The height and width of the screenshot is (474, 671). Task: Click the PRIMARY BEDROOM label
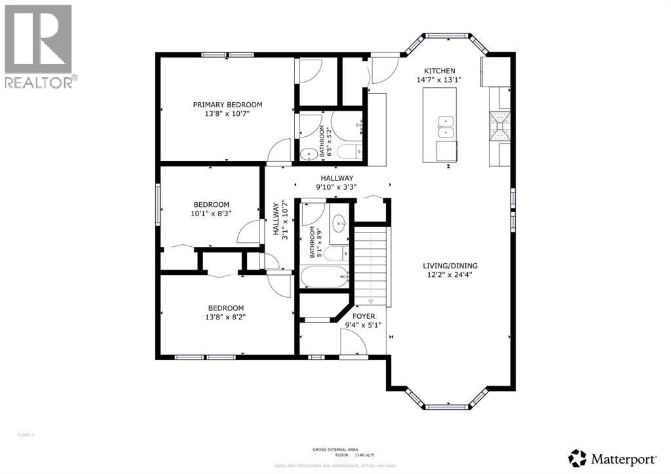(x=227, y=104)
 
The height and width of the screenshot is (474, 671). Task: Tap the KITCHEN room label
(x=439, y=71)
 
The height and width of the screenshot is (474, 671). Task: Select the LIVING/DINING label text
(x=450, y=266)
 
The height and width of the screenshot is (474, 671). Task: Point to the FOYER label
(x=364, y=316)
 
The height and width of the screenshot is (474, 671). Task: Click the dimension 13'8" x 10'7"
(x=227, y=113)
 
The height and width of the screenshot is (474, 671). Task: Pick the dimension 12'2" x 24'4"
(x=450, y=275)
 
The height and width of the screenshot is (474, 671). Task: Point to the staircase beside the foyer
(x=372, y=262)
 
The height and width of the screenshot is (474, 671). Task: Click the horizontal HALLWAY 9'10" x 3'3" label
(x=337, y=183)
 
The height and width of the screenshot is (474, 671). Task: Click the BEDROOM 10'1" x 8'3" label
(x=211, y=208)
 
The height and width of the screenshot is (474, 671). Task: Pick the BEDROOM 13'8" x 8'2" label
(x=226, y=313)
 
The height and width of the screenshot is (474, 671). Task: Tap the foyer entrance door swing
(x=353, y=343)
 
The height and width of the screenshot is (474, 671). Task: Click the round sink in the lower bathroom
(x=339, y=223)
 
